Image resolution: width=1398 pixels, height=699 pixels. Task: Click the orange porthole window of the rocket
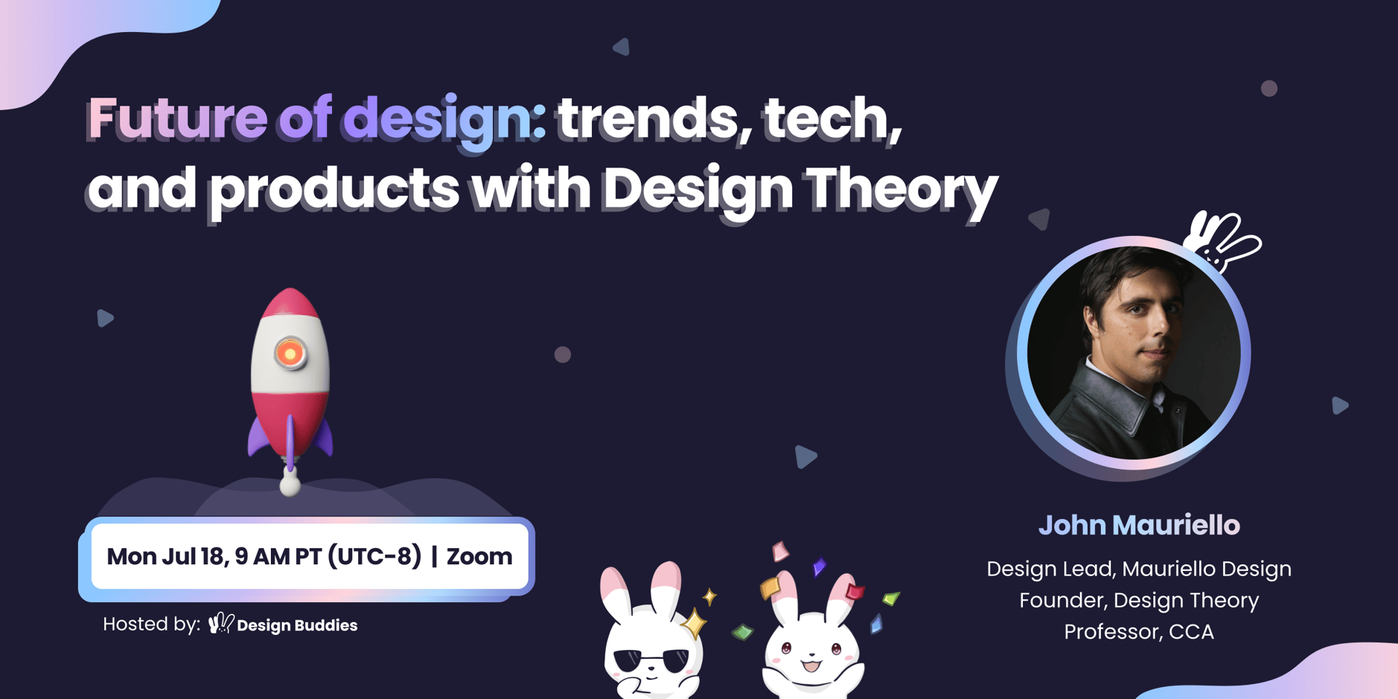[290, 354]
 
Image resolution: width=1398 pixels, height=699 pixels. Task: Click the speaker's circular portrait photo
[1134, 353]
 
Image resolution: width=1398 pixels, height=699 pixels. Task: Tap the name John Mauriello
[1139, 525]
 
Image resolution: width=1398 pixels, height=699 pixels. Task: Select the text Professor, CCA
[1139, 631]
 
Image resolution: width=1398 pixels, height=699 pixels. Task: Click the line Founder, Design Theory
[1139, 600]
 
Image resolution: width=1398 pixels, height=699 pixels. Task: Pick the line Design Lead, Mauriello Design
[1139, 569]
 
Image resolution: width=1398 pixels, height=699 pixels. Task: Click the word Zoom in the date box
[479, 556]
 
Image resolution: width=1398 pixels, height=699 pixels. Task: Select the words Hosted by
[151, 624]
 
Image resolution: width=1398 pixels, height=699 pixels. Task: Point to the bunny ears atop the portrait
[1222, 241]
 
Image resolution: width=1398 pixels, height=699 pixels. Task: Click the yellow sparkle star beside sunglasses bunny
[694, 623]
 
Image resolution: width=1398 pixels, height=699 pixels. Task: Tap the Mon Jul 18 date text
[165, 556]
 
